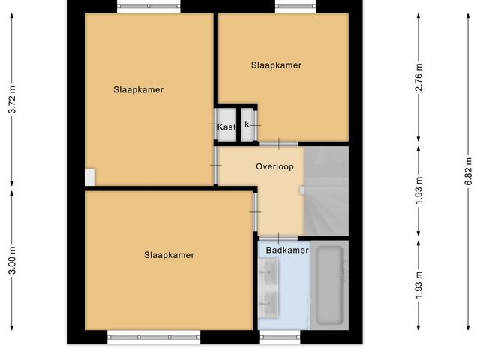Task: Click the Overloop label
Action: pyautogui.click(x=274, y=166)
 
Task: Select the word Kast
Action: pyautogui.click(x=226, y=127)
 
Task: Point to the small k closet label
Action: pyautogui.click(x=247, y=124)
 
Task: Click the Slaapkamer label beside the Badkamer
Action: pyautogui.click(x=169, y=255)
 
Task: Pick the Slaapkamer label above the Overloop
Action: pyautogui.click(x=276, y=65)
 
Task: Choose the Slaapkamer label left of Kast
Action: pyautogui.click(x=139, y=90)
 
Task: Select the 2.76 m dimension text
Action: pyautogui.click(x=419, y=78)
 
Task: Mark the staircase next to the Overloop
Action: pyautogui.click(x=326, y=191)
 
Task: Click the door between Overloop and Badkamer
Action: pyautogui.click(x=278, y=237)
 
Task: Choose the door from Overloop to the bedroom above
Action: pyautogui.click(x=278, y=142)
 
